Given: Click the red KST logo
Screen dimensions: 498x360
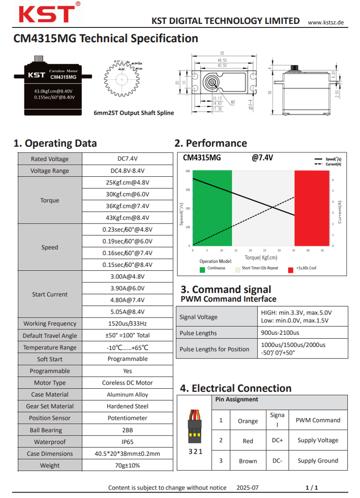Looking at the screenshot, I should pyautogui.click(x=47, y=13).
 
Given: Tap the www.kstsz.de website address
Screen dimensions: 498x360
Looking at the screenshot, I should pyautogui.click(x=326, y=22).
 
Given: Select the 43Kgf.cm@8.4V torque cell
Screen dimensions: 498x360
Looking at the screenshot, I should pyautogui.click(x=127, y=218).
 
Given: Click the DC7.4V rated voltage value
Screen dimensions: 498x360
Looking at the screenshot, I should pyautogui.click(x=127, y=159).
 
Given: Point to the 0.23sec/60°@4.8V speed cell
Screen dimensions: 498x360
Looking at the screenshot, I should pyautogui.click(x=127, y=229).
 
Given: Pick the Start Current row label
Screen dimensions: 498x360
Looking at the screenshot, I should pyautogui.click(x=49, y=294).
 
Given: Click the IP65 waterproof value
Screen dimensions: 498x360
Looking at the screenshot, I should pyautogui.click(x=127, y=442).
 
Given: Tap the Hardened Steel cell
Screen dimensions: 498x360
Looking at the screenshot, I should pyautogui.click(x=127, y=406).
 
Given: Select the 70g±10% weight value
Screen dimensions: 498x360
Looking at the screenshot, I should pyautogui.click(x=127, y=466).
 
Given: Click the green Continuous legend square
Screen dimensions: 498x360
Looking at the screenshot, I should pyautogui.click(x=202, y=269).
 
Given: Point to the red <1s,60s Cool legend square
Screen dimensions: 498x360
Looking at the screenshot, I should pyautogui.click(x=291, y=269).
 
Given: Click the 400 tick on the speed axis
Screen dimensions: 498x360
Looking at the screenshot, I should pyautogui.click(x=187, y=171).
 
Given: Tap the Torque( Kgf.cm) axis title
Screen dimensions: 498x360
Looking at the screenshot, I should pyautogui.click(x=261, y=258).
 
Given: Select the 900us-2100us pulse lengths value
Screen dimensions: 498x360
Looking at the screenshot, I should pyautogui.click(x=280, y=333).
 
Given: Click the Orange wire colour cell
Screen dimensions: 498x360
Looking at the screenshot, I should pyautogui.click(x=247, y=421).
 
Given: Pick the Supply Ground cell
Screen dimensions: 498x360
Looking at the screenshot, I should pyautogui.click(x=318, y=461).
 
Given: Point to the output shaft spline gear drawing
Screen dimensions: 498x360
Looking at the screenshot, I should pyautogui.click(x=122, y=80).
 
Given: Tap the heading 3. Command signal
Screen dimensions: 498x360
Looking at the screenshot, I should pyautogui.click(x=226, y=289).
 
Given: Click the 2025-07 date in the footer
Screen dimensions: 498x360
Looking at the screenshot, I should pyautogui.click(x=247, y=488).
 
